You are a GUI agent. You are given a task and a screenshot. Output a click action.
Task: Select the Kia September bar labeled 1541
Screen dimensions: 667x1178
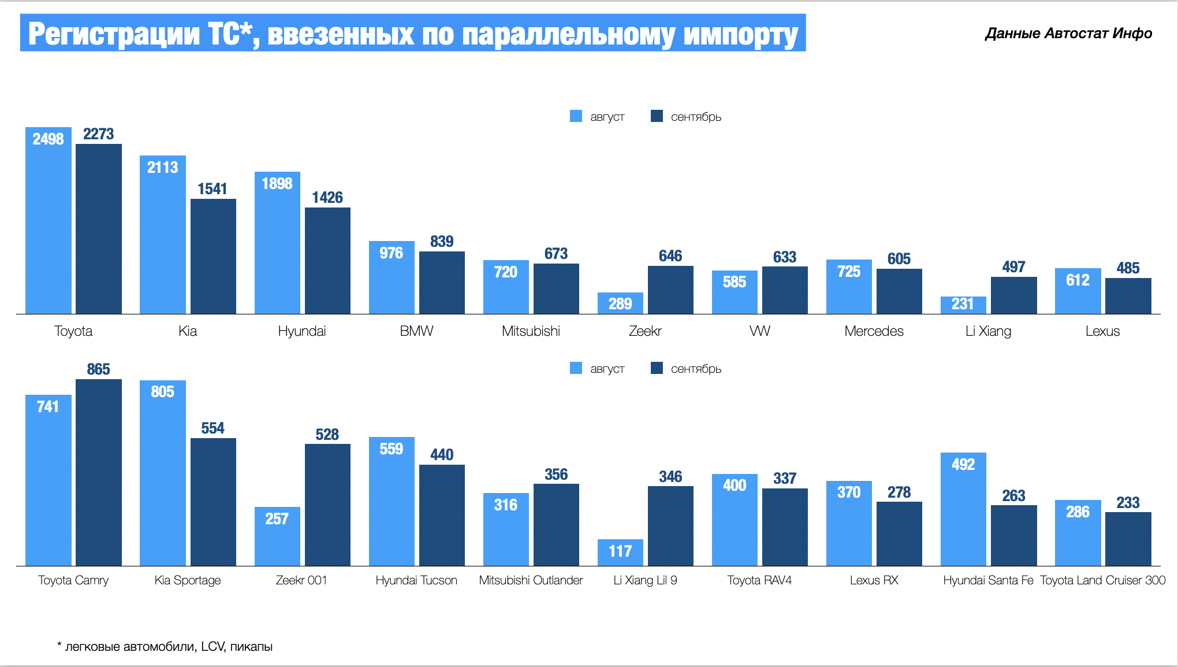[x=213, y=257]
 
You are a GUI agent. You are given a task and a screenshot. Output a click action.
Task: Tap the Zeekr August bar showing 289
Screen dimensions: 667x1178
[x=620, y=303]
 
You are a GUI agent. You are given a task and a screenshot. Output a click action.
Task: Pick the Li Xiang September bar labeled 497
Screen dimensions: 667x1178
[x=1013, y=296]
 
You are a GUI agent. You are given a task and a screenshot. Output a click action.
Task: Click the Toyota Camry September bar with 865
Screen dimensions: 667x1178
[x=98, y=473]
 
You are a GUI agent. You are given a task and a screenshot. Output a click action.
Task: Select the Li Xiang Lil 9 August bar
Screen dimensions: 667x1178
[x=620, y=553]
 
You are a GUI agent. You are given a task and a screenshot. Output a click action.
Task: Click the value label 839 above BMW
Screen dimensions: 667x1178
[x=442, y=242]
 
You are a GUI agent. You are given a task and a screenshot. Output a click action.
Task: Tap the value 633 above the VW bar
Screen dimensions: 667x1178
[x=785, y=257]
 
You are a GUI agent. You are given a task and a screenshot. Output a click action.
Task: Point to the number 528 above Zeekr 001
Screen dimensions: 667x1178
[x=327, y=435]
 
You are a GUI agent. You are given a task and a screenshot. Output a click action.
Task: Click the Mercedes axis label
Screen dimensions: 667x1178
[x=874, y=331]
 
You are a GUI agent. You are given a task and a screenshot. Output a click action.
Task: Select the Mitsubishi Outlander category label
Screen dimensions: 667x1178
[x=531, y=580]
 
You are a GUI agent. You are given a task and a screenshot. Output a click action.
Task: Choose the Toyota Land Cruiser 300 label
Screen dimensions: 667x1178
[x=1102, y=580]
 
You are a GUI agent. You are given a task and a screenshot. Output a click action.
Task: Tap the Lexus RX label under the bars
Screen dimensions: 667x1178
[x=874, y=580]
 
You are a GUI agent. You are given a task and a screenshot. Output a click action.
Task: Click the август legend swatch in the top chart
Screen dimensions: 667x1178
[x=576, y=116]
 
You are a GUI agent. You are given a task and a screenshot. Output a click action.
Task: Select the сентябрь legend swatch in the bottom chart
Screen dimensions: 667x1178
[x=657, y=368]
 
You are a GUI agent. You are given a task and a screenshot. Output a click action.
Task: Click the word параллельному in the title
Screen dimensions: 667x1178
[x=568, y=34]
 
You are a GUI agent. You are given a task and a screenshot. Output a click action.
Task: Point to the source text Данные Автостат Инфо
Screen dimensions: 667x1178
[x=1068, y=34]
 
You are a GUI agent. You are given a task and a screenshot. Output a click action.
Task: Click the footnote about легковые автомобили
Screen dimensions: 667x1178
[x=165, y=647]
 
